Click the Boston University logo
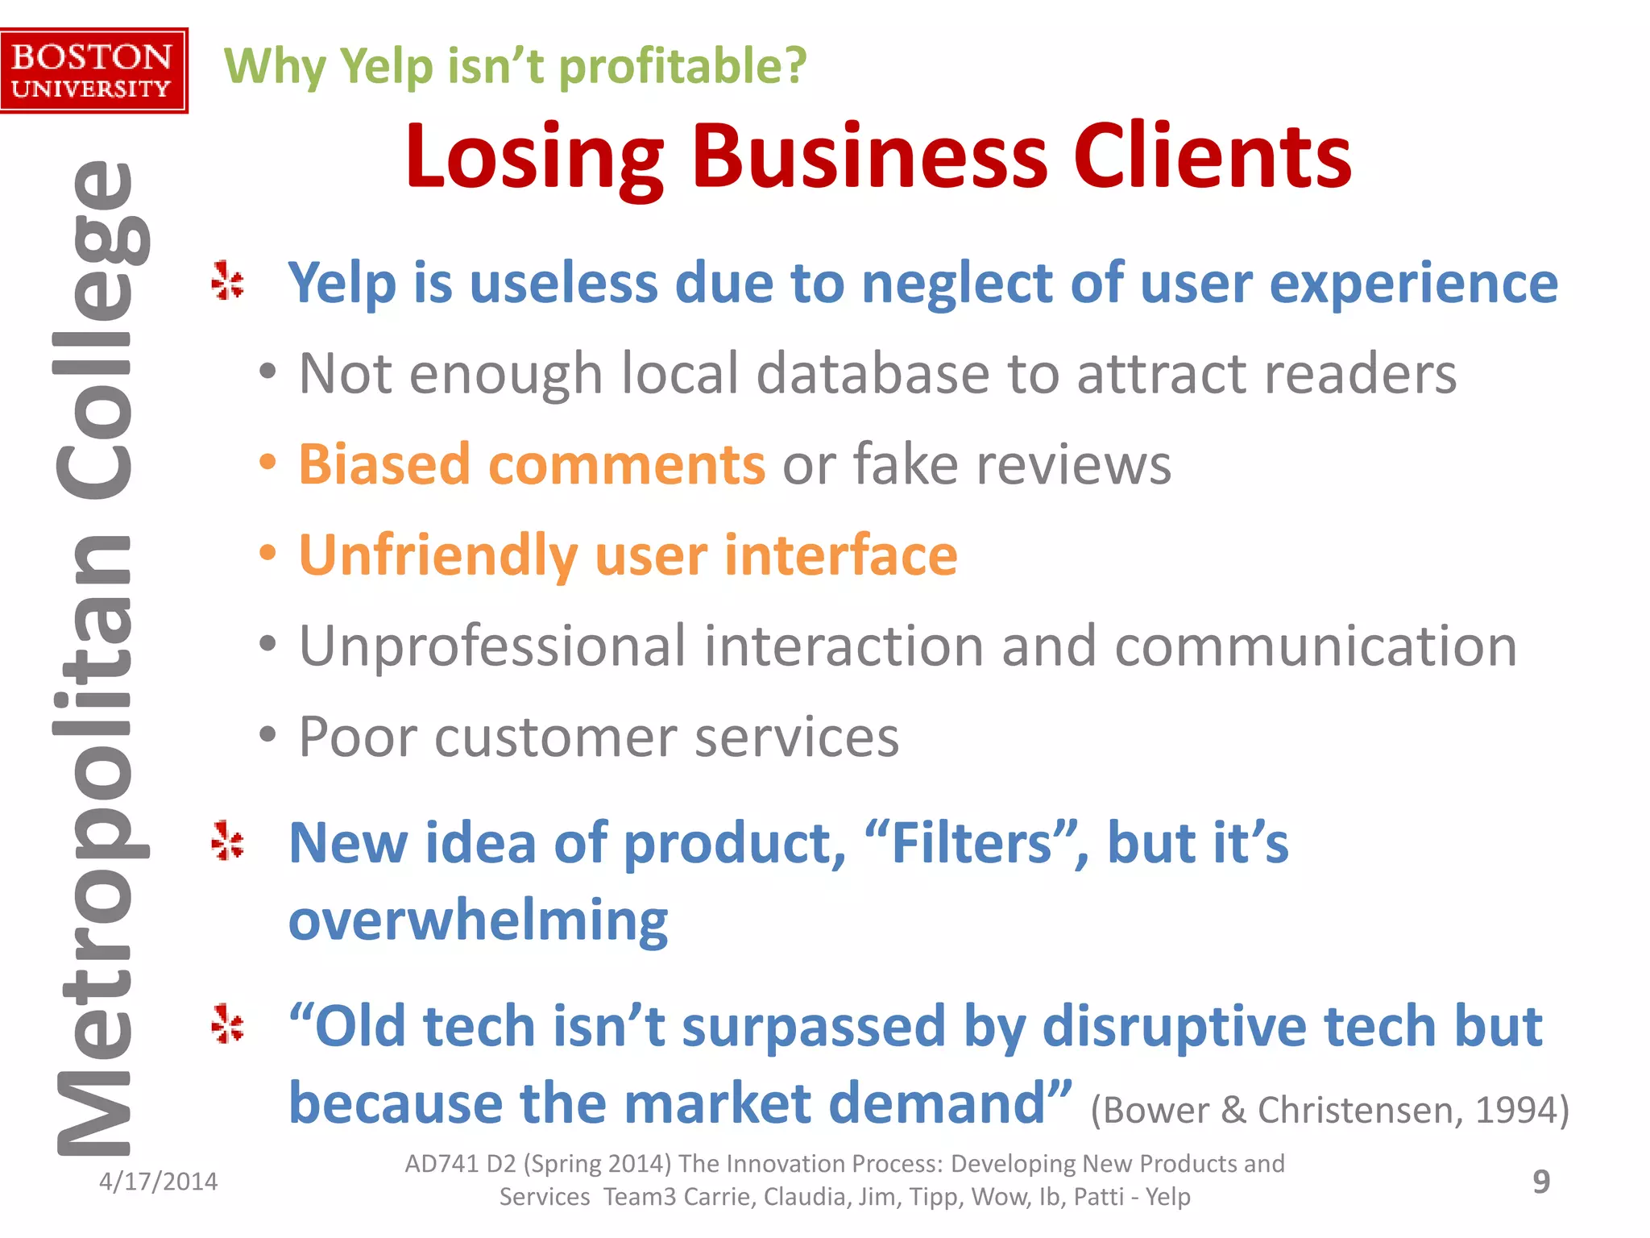(x=93, y=71)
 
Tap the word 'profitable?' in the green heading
(x=682, y=66)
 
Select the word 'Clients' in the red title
(x=1212, y=157)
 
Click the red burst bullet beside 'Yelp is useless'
(x=228, y=281)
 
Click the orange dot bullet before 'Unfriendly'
(x=268, y=554)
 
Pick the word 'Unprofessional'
(x=492, y=646)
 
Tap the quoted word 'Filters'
(x=972, y=843)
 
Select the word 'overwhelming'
(x=479, y=920)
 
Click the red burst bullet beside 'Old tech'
(x=228, y=1024)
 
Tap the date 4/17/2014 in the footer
(x=158, y=1182)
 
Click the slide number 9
(x=1540, y=1182)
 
